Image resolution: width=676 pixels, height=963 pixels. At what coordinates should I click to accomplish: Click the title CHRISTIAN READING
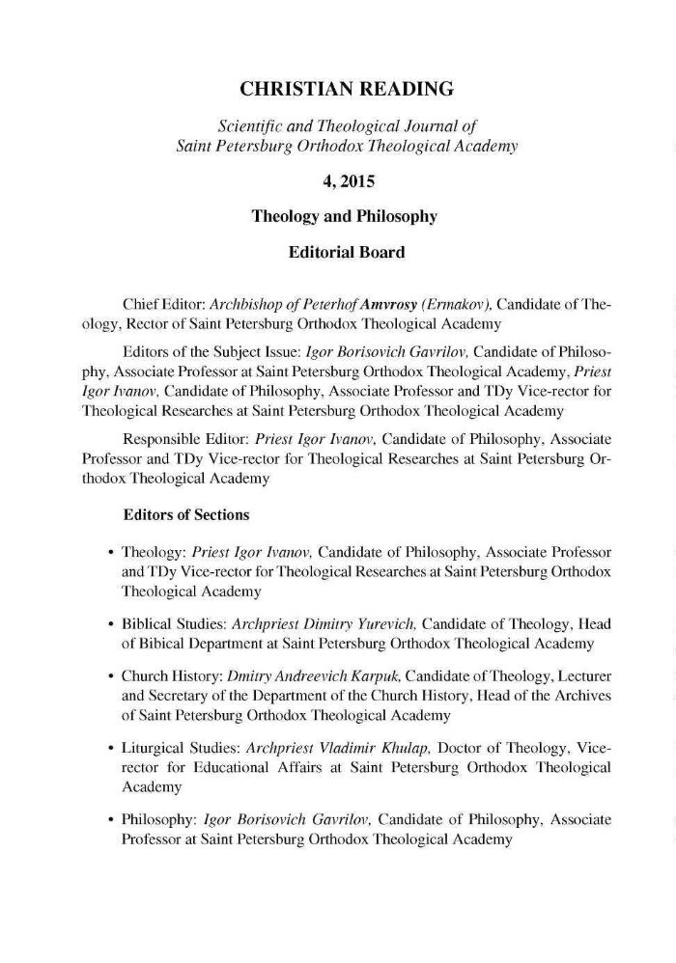[346, 91]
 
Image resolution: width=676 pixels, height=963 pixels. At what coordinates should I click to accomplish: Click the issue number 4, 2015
[346, 179]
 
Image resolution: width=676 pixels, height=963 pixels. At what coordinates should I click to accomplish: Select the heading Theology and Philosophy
[345, 216]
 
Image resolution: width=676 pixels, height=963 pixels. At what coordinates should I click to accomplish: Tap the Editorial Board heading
[346, 253]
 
